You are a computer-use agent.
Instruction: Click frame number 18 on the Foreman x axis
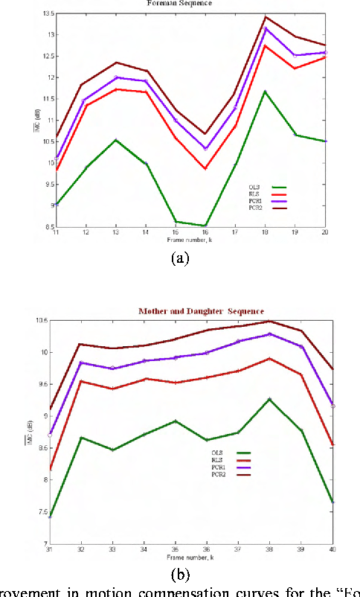[266, 234]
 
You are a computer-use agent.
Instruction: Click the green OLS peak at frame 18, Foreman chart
[266, 92]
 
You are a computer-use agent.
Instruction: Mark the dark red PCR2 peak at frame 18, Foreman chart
[266, 16]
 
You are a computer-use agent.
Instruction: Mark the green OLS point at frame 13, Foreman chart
[115, 140]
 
